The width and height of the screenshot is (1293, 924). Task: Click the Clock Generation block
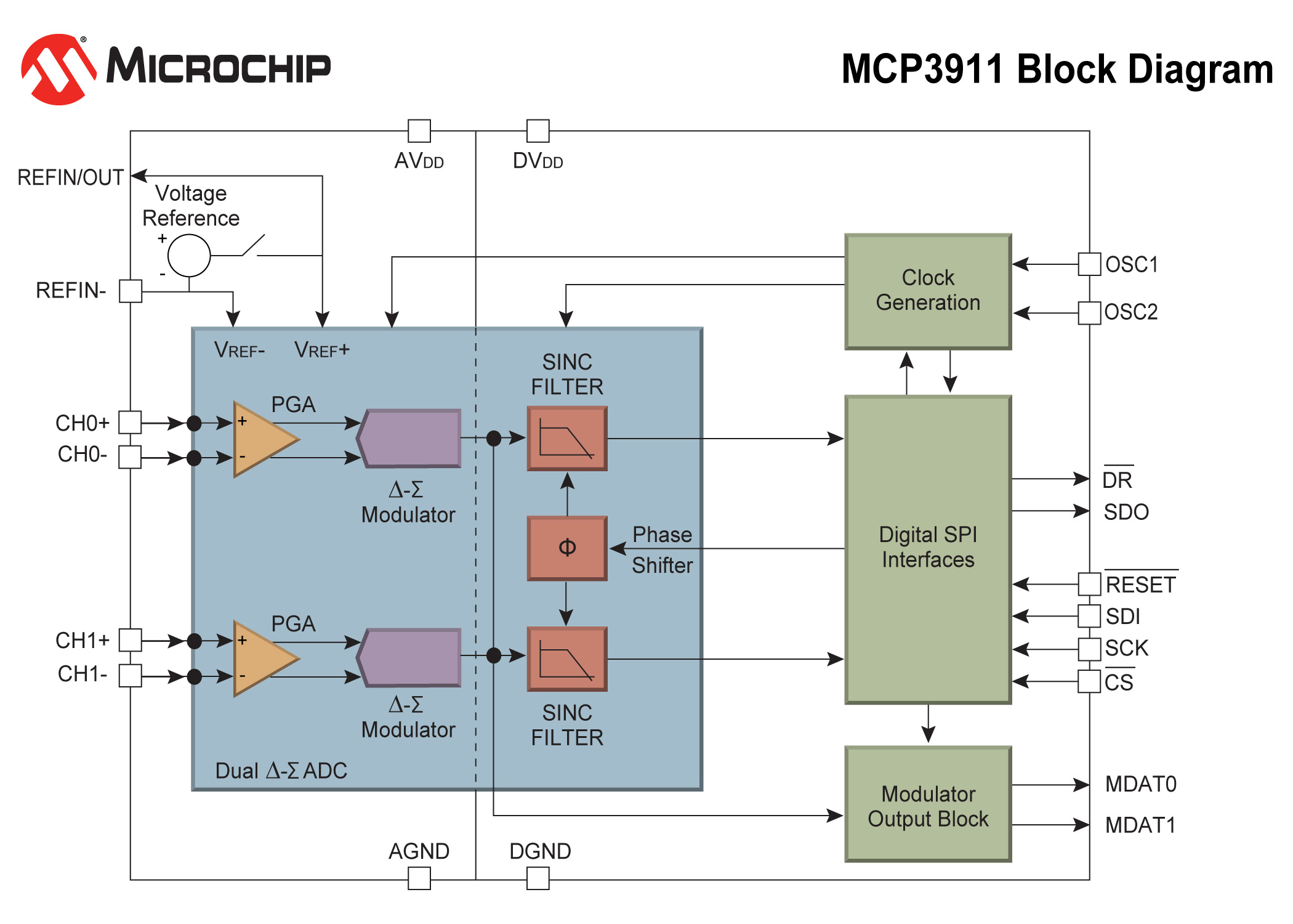click(928, 291)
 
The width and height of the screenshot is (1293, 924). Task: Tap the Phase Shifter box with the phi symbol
click(567, 548)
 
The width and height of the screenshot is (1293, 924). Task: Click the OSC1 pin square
click(1089, 264)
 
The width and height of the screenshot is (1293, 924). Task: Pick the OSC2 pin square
click(1089, 312)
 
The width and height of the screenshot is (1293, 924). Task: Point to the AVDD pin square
click(419, 131)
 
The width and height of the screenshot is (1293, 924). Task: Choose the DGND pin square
click(538, 878)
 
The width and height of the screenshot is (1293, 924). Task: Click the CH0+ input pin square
click(130, 423)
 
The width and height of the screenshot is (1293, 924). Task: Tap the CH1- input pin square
click(130, 675)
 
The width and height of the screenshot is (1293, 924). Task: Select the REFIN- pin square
click(131, 291)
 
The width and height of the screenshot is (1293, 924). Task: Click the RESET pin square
click(1089, 584)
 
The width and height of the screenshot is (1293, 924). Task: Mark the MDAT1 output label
click(1140, 825)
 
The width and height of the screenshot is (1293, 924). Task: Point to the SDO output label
click(1126, 512)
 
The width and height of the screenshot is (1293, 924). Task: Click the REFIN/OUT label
click(70, 177)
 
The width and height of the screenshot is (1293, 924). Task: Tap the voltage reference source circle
click(189, 256)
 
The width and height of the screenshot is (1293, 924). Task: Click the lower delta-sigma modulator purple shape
click(410, 657)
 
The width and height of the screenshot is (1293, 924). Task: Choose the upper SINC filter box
click(567, 439)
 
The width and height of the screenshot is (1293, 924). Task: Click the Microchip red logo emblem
click(59, 69)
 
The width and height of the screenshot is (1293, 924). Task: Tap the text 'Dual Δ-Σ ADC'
click(281, 771)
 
